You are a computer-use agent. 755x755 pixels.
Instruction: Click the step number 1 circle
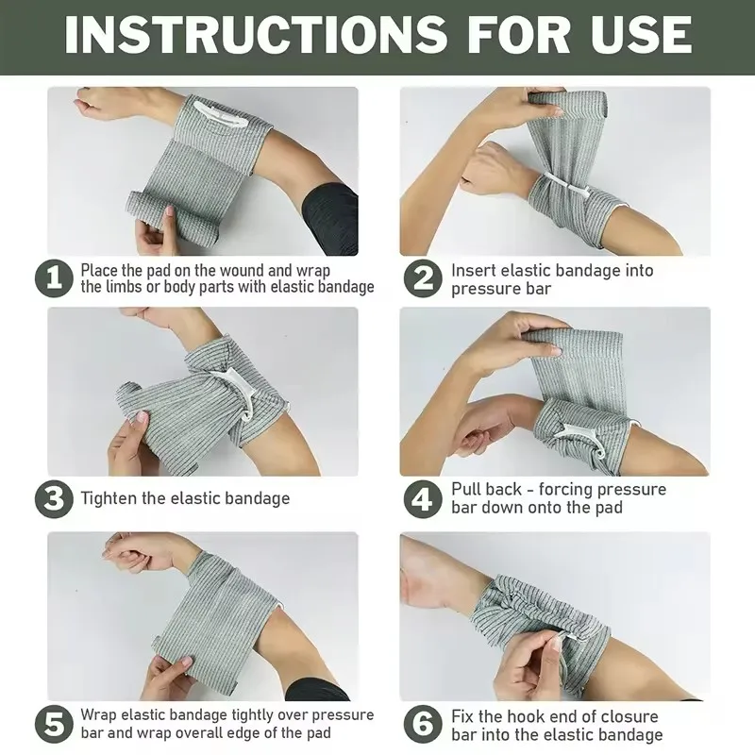[x=55, y=278]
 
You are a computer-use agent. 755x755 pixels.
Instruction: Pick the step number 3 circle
[x=55, y=497]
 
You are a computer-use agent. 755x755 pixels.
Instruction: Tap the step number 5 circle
[x=55, y=724]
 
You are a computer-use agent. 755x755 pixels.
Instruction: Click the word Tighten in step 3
[x=111, y=497]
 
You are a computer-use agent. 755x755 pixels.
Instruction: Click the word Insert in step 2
[x=473, y=270]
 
